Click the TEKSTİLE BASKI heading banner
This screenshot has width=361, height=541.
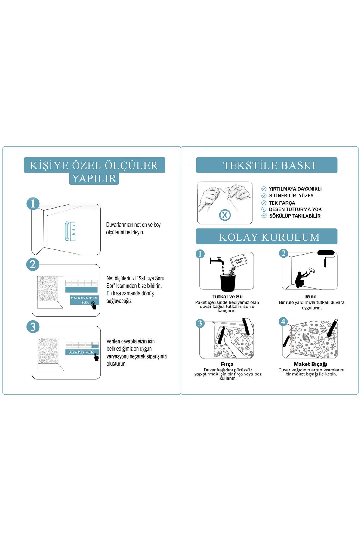267,165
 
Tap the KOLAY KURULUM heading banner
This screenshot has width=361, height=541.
267,237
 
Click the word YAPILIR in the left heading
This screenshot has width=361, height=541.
94,179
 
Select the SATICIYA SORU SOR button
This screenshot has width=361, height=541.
85,300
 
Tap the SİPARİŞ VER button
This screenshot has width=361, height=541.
82,352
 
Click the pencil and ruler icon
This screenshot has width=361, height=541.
70,231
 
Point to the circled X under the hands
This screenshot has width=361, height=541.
225,215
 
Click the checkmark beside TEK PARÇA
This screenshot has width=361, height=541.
264,203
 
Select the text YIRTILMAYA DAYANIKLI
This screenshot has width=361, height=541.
295,189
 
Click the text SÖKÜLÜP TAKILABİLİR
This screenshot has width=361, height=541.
295,216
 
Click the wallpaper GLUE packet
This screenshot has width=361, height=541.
239,260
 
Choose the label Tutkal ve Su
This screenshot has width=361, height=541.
227,297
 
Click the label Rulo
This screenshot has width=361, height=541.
311,297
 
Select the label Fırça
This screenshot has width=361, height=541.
227,364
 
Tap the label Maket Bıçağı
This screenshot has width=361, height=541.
310,364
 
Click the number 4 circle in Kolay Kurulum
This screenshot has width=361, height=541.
283,322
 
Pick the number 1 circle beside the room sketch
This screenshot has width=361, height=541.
33,203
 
